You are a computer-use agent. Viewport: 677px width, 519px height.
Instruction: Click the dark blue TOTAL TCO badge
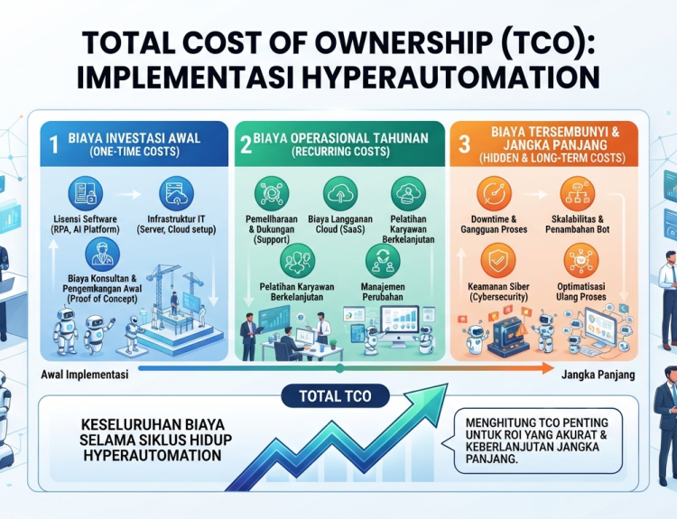point(335,396)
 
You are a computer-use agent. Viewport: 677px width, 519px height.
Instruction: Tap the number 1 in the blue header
point(53,144)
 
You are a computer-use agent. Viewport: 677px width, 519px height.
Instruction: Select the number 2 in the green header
point(246,144)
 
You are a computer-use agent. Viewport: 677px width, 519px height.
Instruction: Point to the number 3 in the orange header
point(464,144)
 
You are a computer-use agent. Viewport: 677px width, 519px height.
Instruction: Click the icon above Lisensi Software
point(86,193)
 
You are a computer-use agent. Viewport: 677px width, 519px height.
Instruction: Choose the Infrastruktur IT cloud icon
point(176,193)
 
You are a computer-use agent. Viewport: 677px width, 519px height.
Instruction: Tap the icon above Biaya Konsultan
point(102,255)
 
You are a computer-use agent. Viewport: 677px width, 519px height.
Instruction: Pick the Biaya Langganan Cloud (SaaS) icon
point(340,193)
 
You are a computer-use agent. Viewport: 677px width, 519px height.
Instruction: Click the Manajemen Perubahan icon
point(383,261)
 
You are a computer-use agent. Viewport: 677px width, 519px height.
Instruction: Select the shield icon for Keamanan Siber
point(497,260)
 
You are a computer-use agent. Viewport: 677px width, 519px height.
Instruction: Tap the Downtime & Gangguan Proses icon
point(494,193)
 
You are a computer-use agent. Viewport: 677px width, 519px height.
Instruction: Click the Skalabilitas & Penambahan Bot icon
point(578,193)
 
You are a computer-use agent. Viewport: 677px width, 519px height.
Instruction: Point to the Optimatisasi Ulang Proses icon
point(581,260)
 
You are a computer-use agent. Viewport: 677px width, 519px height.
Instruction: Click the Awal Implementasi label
point(85,375)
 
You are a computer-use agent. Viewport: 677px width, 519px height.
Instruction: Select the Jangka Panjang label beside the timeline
point(598,375)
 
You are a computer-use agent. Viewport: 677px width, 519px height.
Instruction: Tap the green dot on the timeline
point(339,368)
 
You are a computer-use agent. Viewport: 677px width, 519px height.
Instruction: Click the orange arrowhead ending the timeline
point(548,368)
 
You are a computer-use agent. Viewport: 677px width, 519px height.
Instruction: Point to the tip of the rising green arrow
point(448,384)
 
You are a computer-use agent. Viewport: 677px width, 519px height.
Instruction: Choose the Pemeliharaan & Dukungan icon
point(272,193)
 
